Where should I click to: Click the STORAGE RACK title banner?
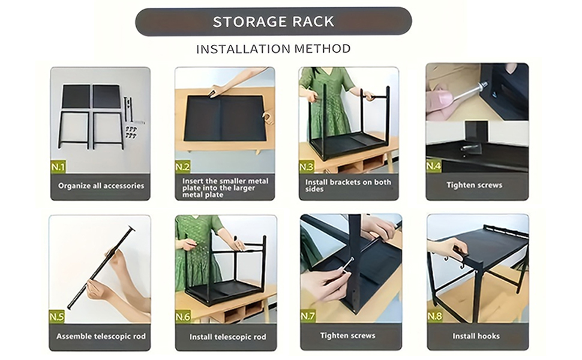(274, 22)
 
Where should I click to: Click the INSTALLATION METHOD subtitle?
(274, 49)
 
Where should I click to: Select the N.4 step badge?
(434, 166)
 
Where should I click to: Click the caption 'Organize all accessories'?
(101, 186)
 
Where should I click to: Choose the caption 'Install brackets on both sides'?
(348, 185)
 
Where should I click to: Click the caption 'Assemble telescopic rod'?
(101, 336)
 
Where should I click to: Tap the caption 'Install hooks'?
(476, 336)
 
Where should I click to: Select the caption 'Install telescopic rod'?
(227, 337)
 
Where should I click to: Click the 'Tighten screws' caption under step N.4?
(474, 185)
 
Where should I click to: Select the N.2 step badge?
(183, 167)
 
